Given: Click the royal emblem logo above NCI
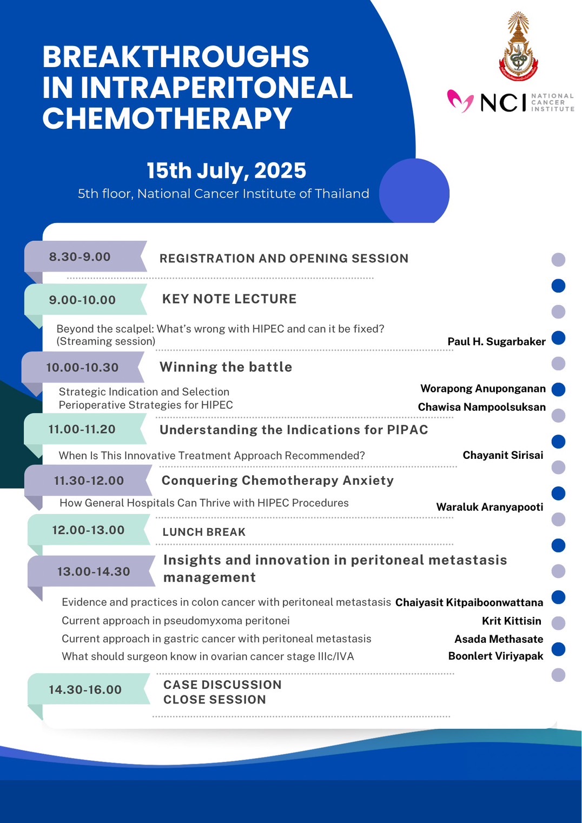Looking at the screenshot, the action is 519,46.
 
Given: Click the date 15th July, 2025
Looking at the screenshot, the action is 226,170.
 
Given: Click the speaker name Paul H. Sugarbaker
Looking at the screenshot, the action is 497,341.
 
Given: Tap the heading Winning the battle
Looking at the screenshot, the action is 226,367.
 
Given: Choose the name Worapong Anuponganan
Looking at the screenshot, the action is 483,389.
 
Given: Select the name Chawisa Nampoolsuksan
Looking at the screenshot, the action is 482,407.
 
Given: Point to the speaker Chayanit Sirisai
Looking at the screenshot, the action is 502,455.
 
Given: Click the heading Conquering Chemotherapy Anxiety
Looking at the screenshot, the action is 277,480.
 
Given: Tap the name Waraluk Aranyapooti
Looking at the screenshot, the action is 490,507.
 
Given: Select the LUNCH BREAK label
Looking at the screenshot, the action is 204,532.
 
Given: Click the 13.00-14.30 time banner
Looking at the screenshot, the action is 91,571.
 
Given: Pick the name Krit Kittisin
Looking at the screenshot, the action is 512,621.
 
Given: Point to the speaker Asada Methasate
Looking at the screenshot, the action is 499,639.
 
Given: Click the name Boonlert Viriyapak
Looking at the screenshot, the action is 495,656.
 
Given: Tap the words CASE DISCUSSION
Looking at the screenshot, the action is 222,684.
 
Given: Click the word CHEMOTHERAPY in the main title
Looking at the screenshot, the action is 167,118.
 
